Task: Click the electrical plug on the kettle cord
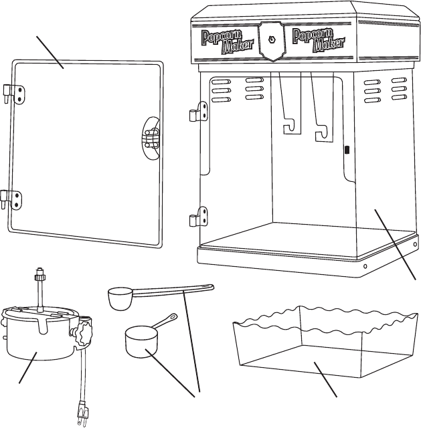point(83,409)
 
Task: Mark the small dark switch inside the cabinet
point(347,150)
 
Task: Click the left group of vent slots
point(235,91)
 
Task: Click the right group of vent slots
point(385,90)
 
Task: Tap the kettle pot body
point(37,347)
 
